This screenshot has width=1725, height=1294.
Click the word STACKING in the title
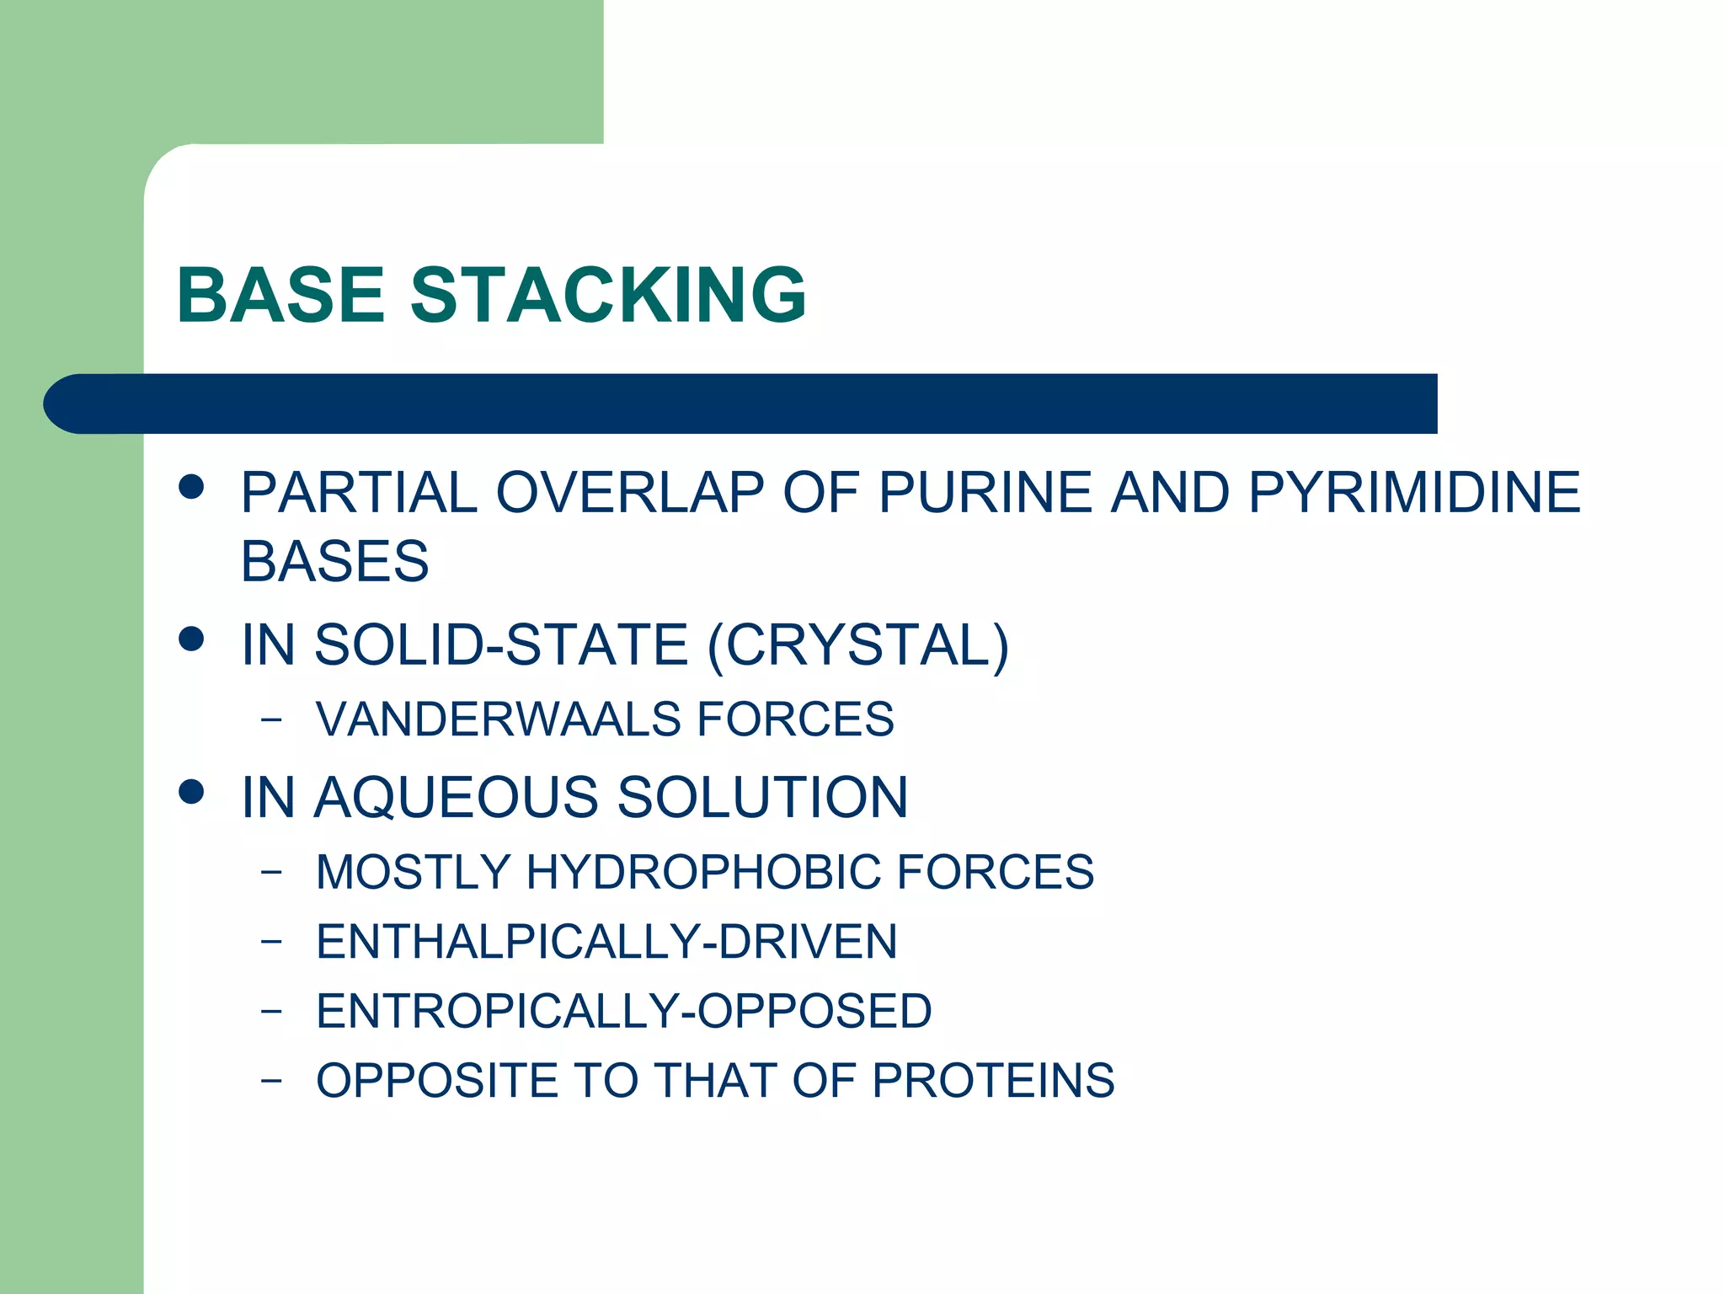pos(608,295)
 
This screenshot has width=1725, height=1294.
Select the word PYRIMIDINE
pos(1414,492)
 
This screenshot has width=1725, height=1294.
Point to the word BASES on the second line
pos(334,561)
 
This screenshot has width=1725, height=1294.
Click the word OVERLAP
pos(630,492)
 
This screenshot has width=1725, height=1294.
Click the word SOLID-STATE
pos(502,645)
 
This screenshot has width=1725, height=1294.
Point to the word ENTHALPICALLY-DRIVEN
pos(606,942)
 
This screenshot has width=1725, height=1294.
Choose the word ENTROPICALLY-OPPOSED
pos(624,1011)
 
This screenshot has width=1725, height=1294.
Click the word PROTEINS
pos(993,1081)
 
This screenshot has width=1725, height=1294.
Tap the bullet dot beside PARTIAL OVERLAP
pos(192,487)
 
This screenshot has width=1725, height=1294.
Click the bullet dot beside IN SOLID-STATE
pos(192,639)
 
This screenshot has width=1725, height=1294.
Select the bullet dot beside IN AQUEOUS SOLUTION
pos(192,792)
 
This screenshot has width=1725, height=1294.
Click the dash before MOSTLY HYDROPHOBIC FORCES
pos(270,872)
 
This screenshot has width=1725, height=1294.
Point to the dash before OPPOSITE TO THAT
pos(270,1081)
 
